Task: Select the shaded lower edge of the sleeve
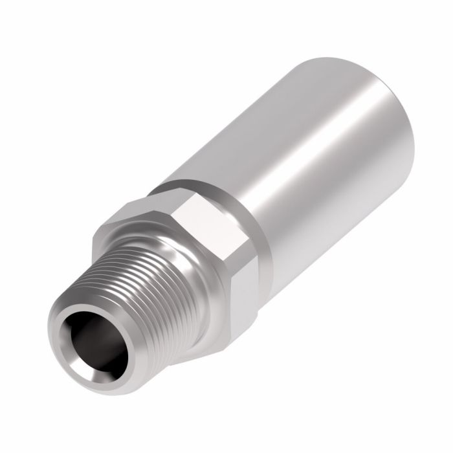[x=337, y=194]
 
